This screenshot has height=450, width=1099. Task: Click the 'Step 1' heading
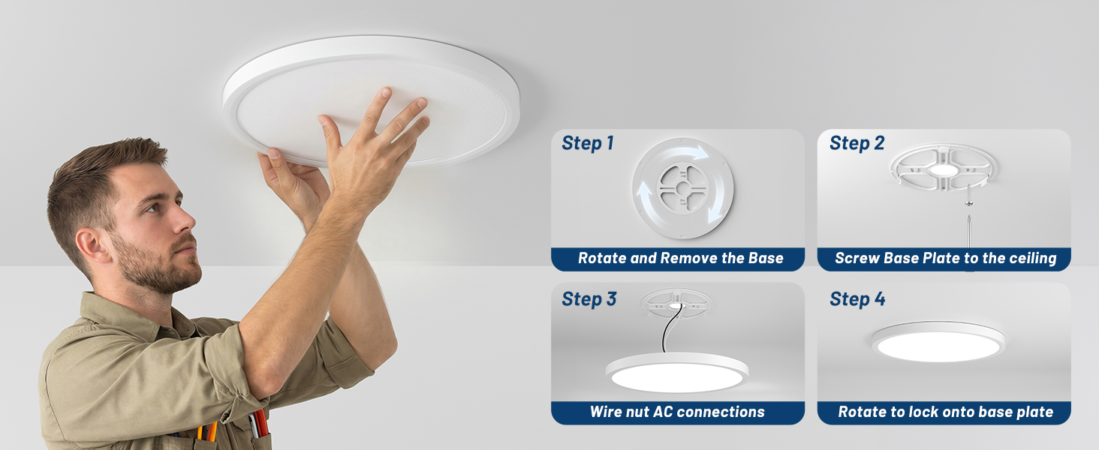click(x=588, y=143)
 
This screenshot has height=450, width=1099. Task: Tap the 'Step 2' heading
click(x=857, y=143)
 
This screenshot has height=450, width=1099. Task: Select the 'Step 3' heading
click(x=589, y=299)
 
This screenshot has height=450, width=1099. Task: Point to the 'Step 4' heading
click(x=857, y=299)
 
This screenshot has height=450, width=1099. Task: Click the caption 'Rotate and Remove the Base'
click(x=681, y=258)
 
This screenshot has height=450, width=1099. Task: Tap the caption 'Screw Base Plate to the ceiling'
click(x=945, y=258)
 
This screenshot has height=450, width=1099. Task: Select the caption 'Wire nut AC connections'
click(x=677, y=412)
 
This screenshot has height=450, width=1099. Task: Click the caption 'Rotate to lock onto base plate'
click(x=945, y=412)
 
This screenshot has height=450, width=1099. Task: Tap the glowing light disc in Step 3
click(x=677, y=373)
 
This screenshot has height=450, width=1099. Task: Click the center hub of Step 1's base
click(x=682, y=188)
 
